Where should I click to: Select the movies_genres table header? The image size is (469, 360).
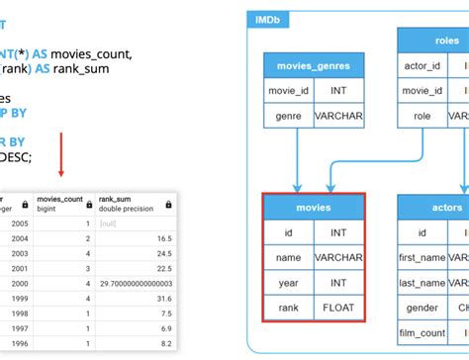312,66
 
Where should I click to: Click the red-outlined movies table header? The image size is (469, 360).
313,207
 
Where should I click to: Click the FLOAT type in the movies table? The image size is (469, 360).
338,308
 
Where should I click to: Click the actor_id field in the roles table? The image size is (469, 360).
422,66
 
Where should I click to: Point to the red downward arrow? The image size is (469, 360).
61,152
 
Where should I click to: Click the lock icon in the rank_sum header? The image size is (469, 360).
167,204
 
